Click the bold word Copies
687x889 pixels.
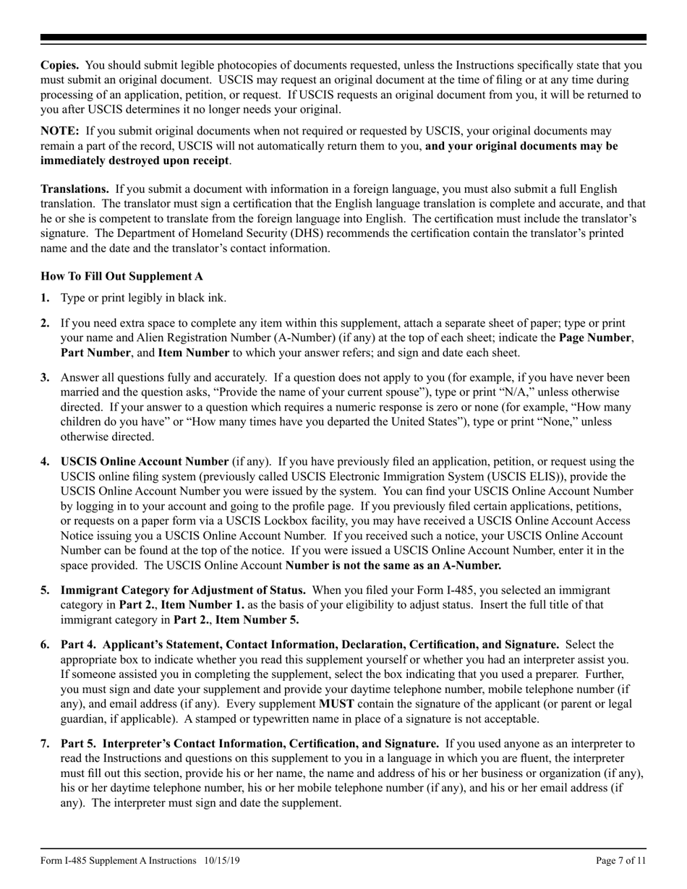coord(60,65)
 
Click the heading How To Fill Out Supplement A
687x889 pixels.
coord(121,276)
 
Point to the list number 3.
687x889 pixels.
coord(45,377)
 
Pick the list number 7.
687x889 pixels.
coord(45,743)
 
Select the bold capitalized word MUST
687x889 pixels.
coord(336,703)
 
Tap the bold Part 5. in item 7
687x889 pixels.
coord(79,743)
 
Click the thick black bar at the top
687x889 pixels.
coord(343,38)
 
